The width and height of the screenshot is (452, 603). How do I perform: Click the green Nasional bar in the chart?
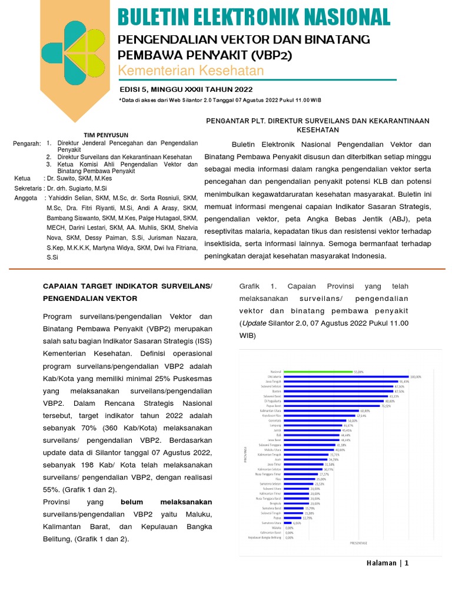(318, 372)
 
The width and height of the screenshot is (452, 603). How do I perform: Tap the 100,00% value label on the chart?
(416, 377)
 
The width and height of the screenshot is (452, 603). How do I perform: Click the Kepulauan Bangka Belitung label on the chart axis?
(264, 537)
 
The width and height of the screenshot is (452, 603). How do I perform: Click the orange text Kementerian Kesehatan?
(191, 71)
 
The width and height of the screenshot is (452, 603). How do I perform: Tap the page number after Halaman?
(406, 563)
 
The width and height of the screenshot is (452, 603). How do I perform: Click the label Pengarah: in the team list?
(27, 143)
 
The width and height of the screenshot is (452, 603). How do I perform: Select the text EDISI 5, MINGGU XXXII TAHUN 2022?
(185, 90)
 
